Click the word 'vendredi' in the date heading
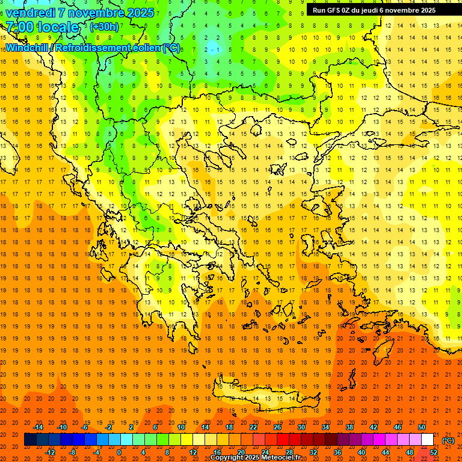tap(31, 13)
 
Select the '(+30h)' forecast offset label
tap(104, 27)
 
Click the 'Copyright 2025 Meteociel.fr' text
tap(255, 458)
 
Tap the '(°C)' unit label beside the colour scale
tap(448, 440)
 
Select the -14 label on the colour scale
tap(38, 427)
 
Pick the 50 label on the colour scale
tap(422, 427)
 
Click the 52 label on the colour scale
tap(434, 452)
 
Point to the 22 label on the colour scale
tap(253, 427)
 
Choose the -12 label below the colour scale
tap(50, 452)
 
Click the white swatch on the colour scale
tap(427, 440)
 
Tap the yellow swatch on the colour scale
tap(186, 440)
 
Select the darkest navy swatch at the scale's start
tap(30, 440)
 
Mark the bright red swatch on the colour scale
tap(283, 440)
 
